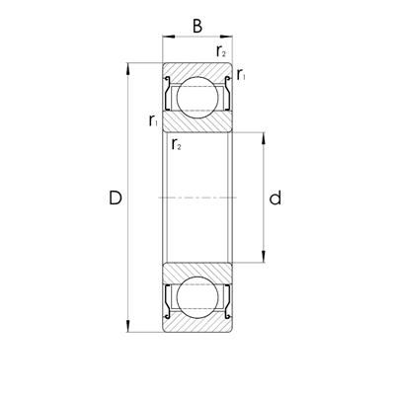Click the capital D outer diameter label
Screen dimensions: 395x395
tap(115, 198)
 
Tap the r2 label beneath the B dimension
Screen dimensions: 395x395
tap(221, 51)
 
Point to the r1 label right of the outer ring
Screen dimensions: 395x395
tap(242, 75)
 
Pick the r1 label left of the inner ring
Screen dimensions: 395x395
tap(153, 120)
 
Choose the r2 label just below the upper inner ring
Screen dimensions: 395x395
tap(177, 146)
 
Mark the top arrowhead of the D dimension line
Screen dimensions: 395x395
tap(129, 68)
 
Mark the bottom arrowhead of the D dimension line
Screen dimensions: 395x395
tap(129, 329)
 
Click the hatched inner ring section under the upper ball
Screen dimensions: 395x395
tap(197, 121)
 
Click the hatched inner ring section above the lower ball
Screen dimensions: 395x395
tap(197, 273)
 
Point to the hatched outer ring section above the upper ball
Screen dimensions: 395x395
tap(197, 68)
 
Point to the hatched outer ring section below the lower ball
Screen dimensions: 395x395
tap(197, 327)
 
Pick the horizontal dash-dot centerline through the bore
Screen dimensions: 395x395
tap(197, 198)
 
